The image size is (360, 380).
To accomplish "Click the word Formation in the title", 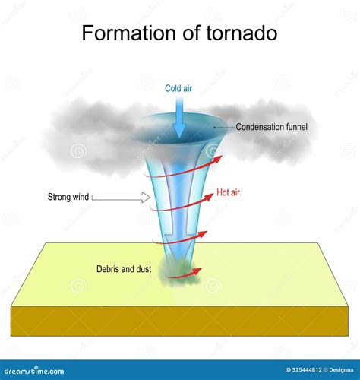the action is pyautogui.click(x=129, y=33).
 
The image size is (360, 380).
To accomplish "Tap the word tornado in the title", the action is pyautogui.click(x=242, y=33).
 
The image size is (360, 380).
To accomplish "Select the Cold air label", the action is pyautogui.click(x=178, y=88).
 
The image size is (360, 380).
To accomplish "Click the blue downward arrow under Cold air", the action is pyautogui.click(x=179, y=118).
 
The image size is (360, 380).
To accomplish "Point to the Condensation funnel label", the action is pyautogui.click(x=272, y=127).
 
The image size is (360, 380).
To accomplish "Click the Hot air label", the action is pyautogui.click(x=228, y=192).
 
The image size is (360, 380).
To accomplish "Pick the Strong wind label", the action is pyautogui.click(x=68, y=197).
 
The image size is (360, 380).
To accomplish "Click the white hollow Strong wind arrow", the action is pyautogui.click(x=121, y=197).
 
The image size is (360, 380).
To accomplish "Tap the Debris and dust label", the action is pyautogui.click(x=124, y=269).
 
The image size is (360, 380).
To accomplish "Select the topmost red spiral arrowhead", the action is pyautogui.click(x=216, y=160).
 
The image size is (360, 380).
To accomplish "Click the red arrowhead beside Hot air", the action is pyautogui.click(x=209, y=197).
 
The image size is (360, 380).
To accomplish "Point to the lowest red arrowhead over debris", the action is pyautogui.click(x=197, y=271).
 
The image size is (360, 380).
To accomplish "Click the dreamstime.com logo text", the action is pyautogui.click(x=34, y=371).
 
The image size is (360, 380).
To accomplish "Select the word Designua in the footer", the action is pyautogui.click(x=341, y=370).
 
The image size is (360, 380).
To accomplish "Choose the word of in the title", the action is pyautogui.click(x=191, y=33).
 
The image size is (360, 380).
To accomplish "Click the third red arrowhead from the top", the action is pyautogui.click(x=203, y=235).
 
